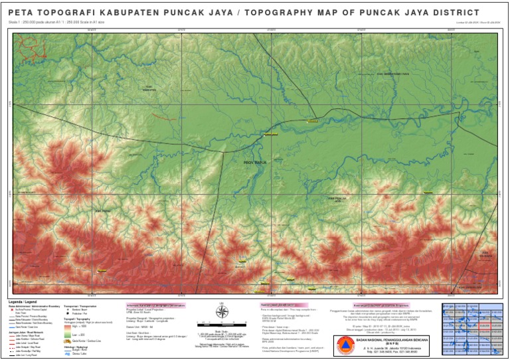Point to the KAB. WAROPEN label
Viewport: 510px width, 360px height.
[x=151, y=89]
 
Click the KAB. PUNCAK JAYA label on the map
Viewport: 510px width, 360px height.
[x=339, y=198]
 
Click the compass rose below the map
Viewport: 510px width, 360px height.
[x=223, y=313]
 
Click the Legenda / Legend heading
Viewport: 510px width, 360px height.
[x=23, y=302]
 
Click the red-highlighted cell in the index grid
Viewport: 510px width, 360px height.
[x=483, y=326]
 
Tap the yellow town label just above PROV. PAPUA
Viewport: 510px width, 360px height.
[x=269, y=134]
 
